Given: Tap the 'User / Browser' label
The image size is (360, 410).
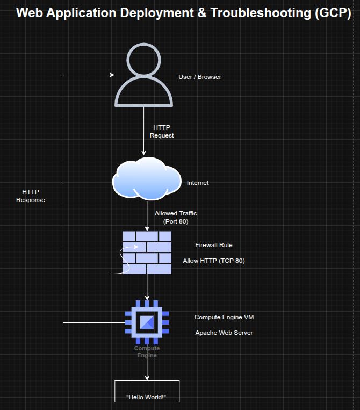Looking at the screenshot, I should tap(200, 77).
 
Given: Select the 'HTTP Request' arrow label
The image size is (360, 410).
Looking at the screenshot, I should tap(162, 132).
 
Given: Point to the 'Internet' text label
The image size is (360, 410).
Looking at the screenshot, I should tap(198, 183).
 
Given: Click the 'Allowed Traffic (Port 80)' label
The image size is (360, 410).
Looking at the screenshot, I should tap(176, 217).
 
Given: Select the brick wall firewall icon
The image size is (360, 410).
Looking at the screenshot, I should tap(147, 253).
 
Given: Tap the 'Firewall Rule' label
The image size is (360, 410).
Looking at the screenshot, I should tap(214, 245).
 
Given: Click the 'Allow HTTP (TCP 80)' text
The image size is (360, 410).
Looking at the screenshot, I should tap(214, 261).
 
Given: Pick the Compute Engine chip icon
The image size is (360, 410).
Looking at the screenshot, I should tap(147, 322).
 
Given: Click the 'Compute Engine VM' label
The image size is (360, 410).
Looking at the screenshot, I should tap(224, 317).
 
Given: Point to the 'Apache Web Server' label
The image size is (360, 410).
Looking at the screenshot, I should tap(224, 333).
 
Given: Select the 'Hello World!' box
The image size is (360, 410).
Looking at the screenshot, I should tap(147, 391).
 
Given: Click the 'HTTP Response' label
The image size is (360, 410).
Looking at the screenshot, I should tap(31, 196).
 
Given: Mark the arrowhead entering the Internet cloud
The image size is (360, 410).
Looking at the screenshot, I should tap(144, 153).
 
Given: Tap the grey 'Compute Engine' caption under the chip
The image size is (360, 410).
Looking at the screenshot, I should tap(147, 352).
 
